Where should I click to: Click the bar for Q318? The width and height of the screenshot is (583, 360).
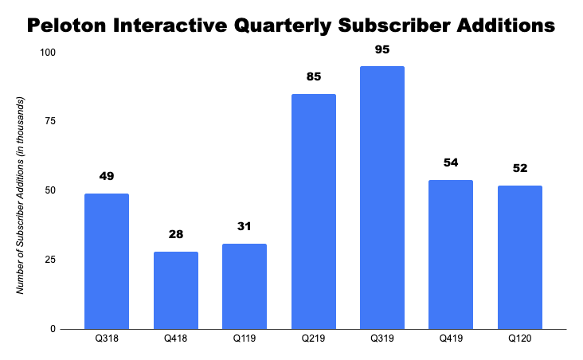[x=106, y=261]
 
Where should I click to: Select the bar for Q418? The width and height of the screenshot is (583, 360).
[x=175, y=290]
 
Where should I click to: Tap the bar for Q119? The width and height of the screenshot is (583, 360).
[x=244, y=286]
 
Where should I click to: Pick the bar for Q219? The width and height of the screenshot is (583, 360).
[x=313, y=211]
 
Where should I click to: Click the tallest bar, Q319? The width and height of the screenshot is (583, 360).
[x=381, y=198]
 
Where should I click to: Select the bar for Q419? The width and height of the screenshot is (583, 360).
[x=451, y=254]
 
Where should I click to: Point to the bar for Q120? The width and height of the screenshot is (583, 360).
[x=519, y=256]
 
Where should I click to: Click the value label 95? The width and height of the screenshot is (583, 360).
[x=381, y=50]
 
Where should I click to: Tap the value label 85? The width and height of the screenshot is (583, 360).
[x=313, y=78]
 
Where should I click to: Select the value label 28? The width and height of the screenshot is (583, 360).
[x=175, y=236]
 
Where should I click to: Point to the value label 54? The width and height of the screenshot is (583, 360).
[x=451, y=163]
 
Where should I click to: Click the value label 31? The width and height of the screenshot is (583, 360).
[x=244, y=227]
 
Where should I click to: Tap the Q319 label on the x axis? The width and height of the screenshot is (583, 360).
[x=381, y=339]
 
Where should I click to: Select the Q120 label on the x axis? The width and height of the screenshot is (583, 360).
[x=519, y=339]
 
